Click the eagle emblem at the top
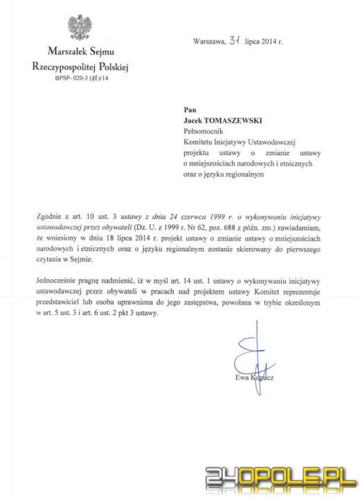click(x=80, y=28)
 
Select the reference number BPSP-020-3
click(x=69, y=80)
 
